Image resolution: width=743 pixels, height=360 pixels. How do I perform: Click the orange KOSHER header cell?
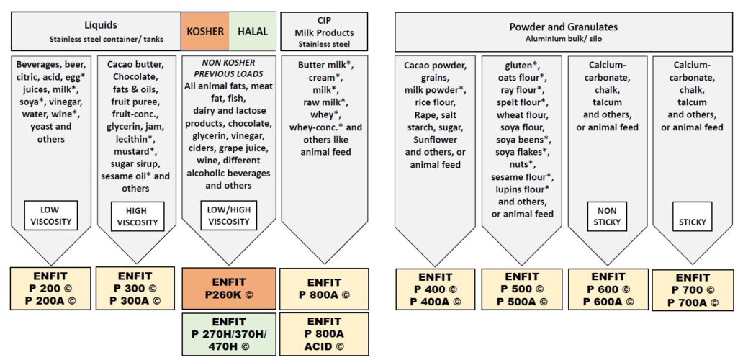point(205,31)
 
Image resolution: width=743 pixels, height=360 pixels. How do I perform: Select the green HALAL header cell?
point(253,31)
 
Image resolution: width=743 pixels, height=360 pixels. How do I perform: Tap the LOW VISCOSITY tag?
point(50,215)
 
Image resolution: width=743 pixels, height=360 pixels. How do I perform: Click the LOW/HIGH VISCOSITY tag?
point(228,216)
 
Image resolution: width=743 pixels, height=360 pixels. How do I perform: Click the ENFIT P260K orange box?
point(229,289)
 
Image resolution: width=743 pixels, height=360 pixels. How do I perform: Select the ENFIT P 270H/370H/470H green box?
point(229,334)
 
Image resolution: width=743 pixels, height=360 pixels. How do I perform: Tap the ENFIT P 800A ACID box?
point(324,333)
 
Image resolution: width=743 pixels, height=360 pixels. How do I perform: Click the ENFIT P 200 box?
point(50,289)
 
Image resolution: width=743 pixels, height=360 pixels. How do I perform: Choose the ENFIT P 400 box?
point(436,289)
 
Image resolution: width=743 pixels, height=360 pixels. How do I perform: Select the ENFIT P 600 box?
point(608,289)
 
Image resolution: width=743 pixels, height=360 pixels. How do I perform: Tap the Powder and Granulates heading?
point(564,27)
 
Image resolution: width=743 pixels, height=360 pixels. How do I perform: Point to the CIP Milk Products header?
point(325,31)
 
